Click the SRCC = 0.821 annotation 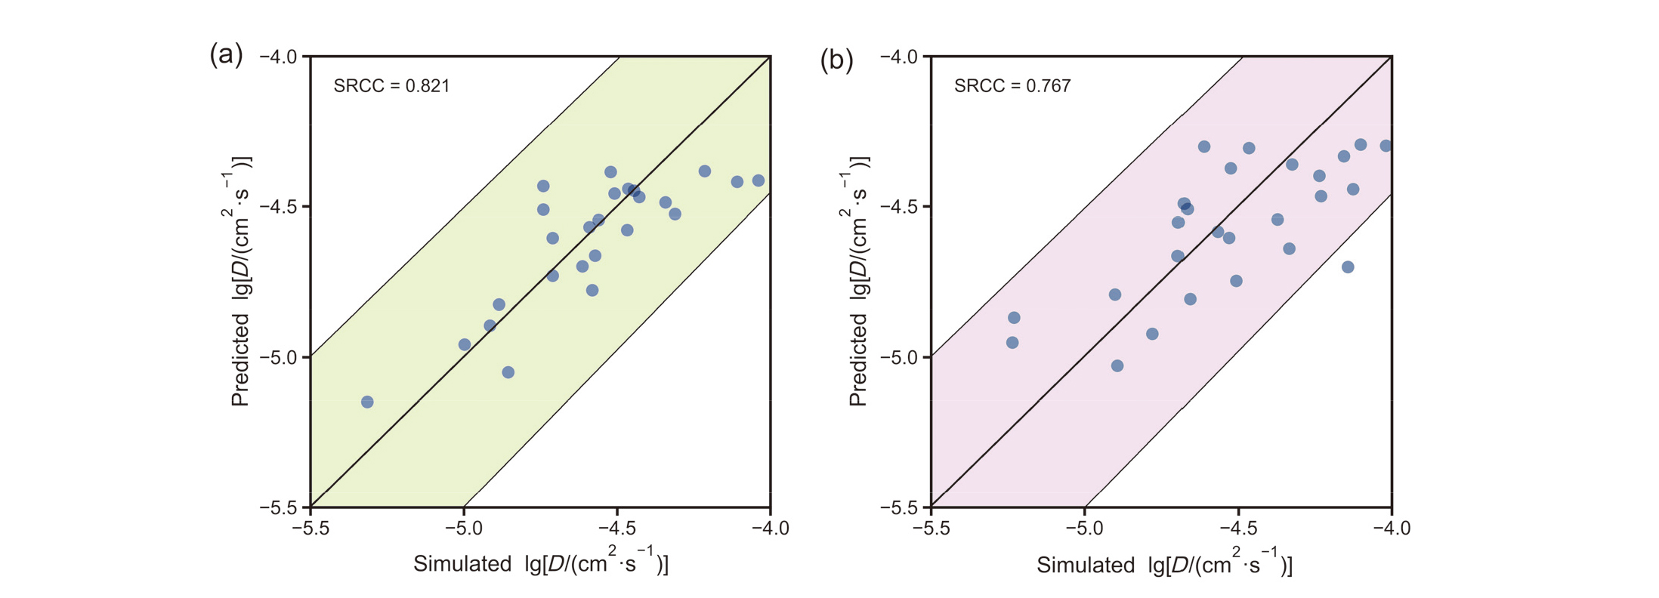pyautogui.click(x=391, y=86)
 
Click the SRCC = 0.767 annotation pyautogui.click(x=1012, y=86)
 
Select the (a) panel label pyautogui.click(x=226, y=55)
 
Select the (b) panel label pyautogui.click(x=836, y=60)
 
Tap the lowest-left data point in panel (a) pyautogui.click(x=367, y=402)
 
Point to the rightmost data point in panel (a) pyautogui.click(x=758, y=180)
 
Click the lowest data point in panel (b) pyautogui.click(x=1117, y=365)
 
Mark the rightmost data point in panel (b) pyautogui.click(x=1386, y=146)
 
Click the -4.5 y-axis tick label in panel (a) pyautogui.click(x=279, y=207)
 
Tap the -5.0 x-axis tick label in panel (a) pyautogui.click(x=463, y=528)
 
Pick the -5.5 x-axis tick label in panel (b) pyautogui.click(x=931, y=528)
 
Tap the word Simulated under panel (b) pyautogui.click(x=1085, y=565)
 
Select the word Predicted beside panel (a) pyautogui.click(x=240, y=359)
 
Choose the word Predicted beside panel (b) pyautogui.click(x=858, y=359)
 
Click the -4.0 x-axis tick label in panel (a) pyautogui.click(x=770, y=528)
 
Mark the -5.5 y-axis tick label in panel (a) pyautogui.click(x=279, y=507)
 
